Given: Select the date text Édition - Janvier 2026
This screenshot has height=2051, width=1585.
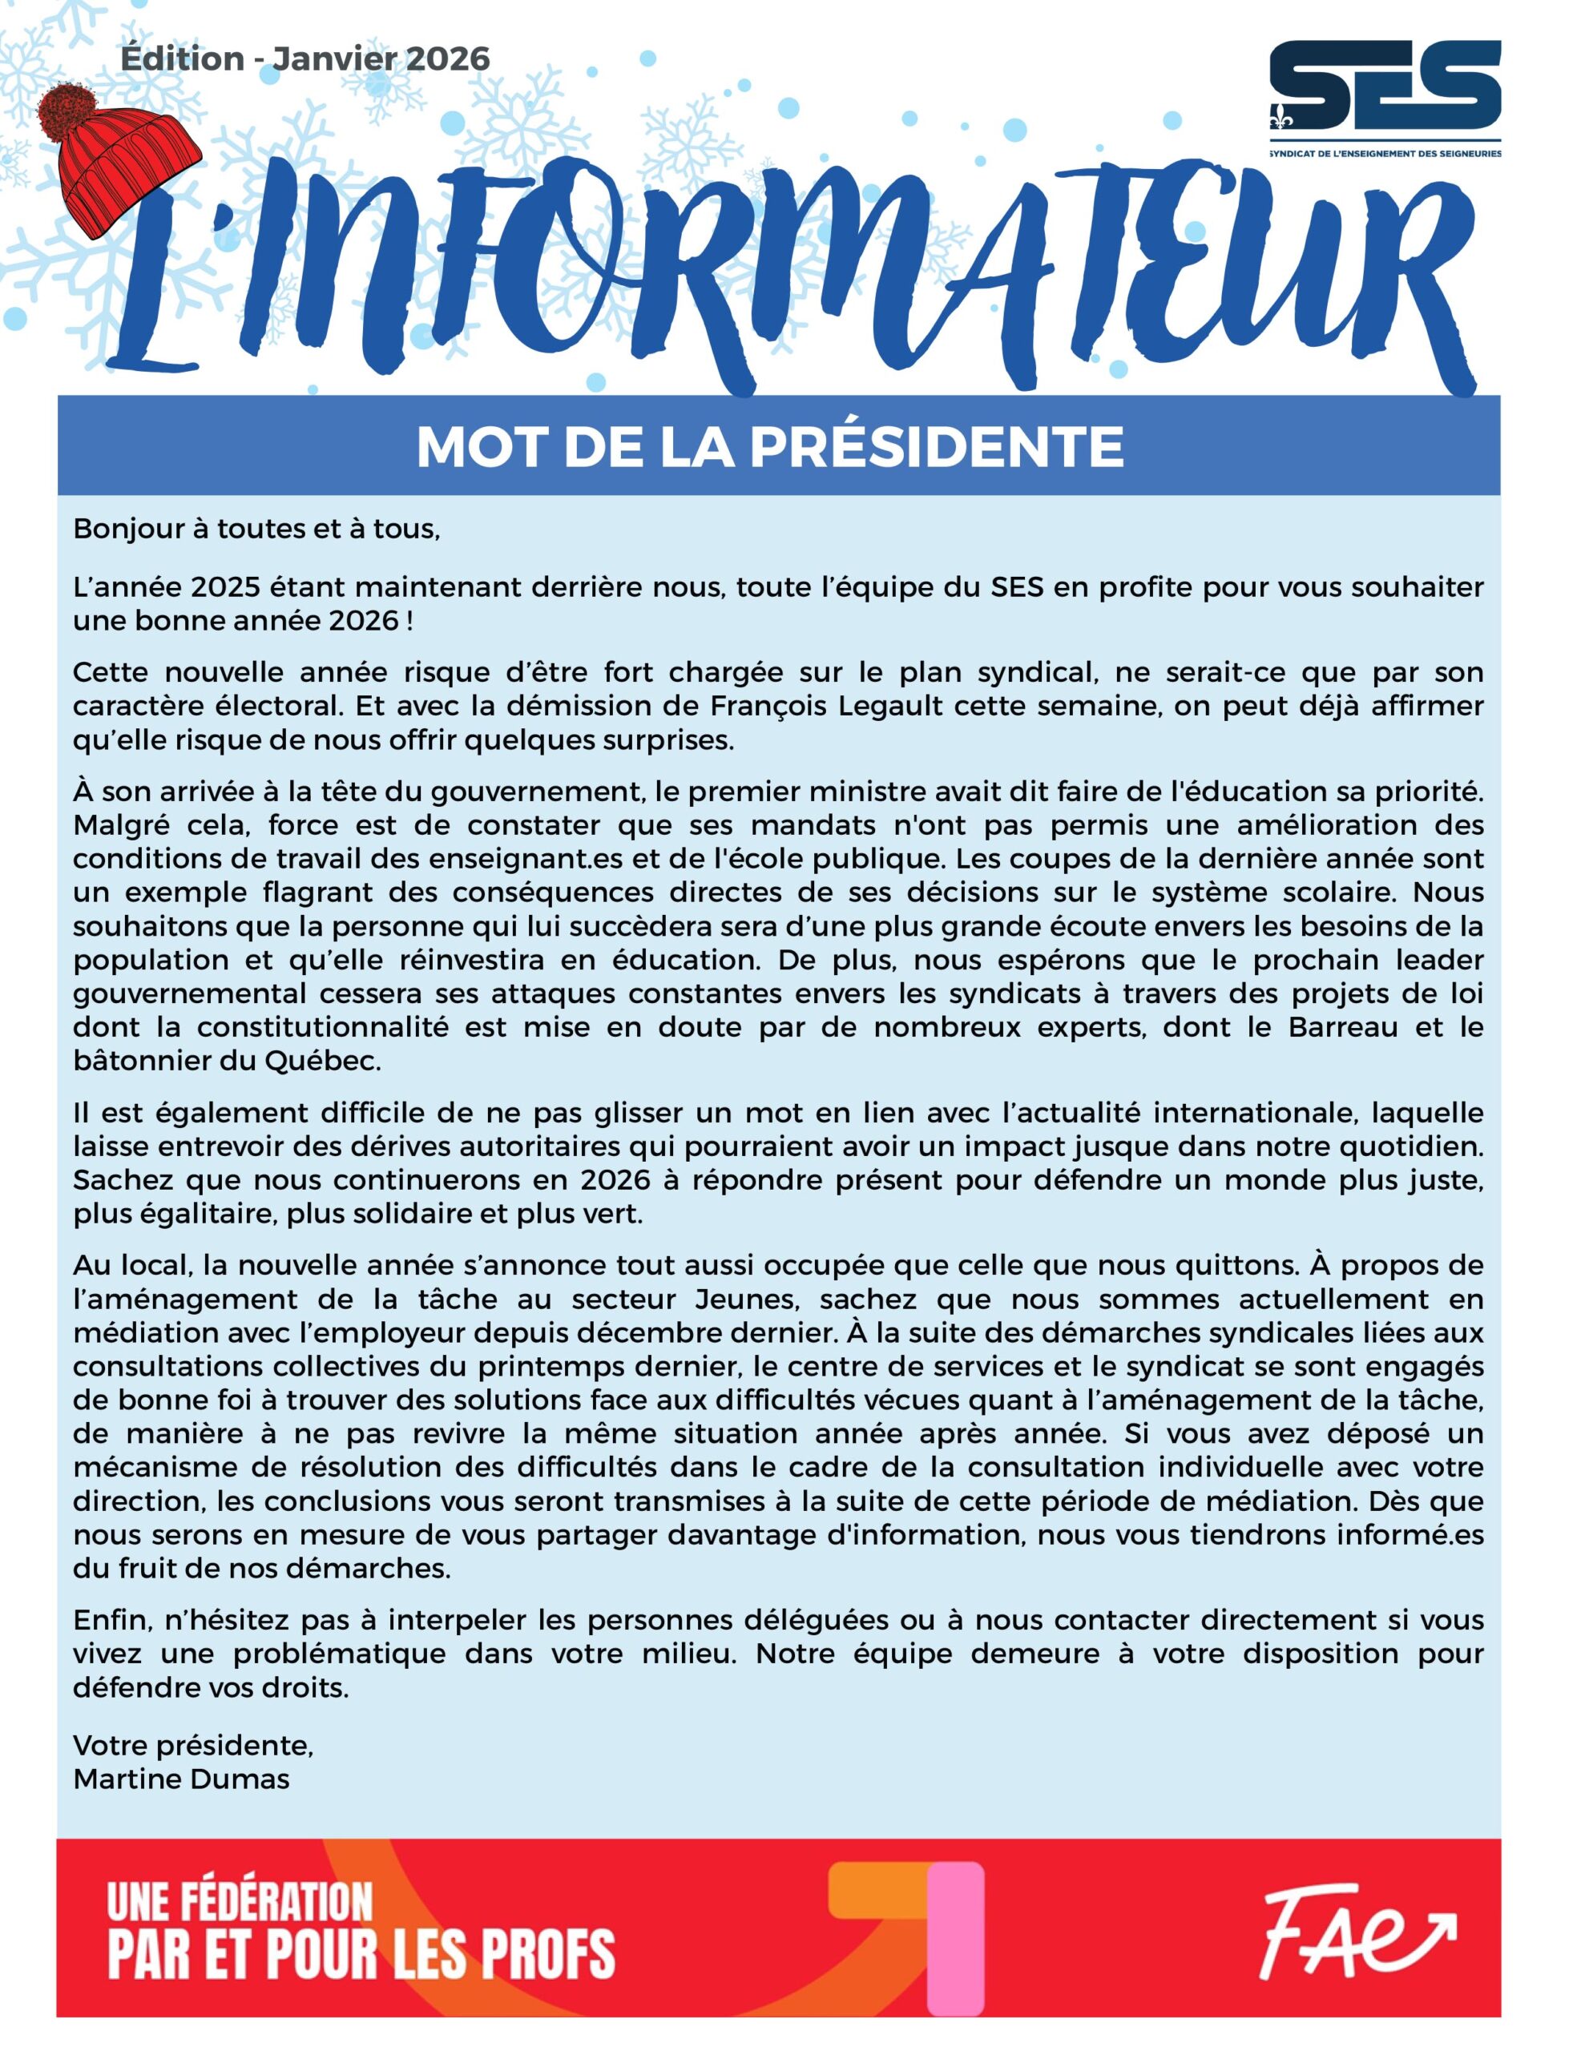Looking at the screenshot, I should (305, 59).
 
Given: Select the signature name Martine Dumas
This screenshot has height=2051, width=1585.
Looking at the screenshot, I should (181, 1779).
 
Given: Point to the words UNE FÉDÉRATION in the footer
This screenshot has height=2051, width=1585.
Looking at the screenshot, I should (240, 1903).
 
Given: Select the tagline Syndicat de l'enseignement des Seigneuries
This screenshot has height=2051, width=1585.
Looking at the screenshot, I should (1385, 153).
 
